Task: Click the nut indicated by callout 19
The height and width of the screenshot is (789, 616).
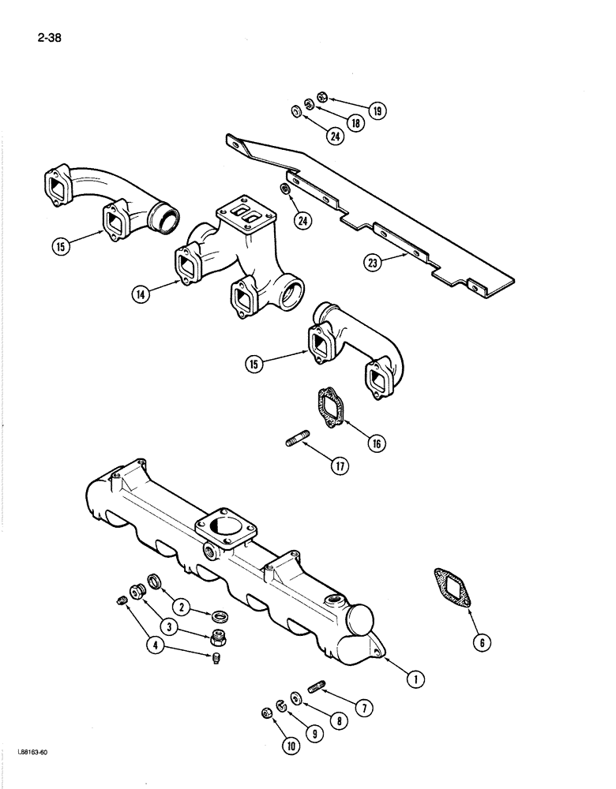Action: click(x=322, y=98)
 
